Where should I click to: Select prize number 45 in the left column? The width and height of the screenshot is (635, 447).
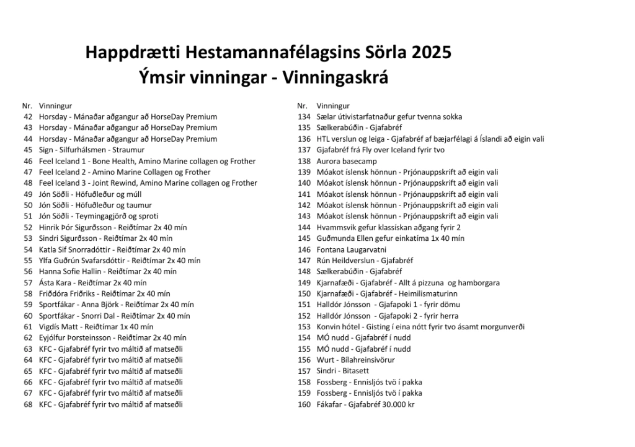pyautogui.click(x=28, y=150)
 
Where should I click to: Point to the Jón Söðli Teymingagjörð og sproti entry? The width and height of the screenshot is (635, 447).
pyautogui.click(x=98, y=216)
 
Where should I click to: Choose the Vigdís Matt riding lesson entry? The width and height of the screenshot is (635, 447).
pyautogui.click(x=96, y=327)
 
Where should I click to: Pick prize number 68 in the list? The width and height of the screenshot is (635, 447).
pyautogui.click(x=28, y=404)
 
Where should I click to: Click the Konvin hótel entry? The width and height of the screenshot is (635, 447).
pyautogui.click(x=420, y=327)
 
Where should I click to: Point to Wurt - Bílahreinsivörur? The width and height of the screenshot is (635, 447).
pyautogui.click(x=355, y=360)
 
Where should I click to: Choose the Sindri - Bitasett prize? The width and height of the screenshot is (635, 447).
pyautogui.click(x=342, y=371)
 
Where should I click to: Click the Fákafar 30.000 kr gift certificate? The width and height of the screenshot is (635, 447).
pyautogui.click(x=365, y=404)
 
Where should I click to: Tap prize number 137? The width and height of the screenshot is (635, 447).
pyautogui.click(x=304, y=150)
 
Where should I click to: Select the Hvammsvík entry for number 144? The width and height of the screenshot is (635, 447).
pyautogui.click(x=388, y=227)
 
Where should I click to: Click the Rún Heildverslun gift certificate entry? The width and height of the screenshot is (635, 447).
pyautogui.click(x=365, y=261)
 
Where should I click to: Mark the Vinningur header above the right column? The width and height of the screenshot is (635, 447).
pyautogui.click(x=333, y=106)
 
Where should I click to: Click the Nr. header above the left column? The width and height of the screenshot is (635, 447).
pyautogui.click(x=27, y=106)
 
